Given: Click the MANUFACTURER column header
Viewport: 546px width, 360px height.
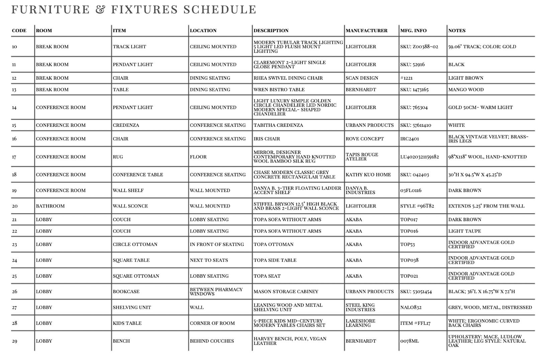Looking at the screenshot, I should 366,30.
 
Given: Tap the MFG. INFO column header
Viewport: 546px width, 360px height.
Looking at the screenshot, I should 413,30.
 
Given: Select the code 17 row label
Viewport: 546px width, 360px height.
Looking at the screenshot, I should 14,157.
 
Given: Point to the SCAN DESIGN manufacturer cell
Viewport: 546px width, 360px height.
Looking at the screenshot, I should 362,78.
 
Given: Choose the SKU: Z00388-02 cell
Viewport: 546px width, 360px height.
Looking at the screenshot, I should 419,47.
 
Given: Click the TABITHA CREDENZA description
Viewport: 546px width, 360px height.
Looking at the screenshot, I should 278,125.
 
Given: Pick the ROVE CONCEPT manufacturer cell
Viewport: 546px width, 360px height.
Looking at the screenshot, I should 365,139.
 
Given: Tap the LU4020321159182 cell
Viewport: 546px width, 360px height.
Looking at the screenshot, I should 420,157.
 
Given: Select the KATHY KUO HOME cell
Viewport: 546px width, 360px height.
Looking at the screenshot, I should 368,175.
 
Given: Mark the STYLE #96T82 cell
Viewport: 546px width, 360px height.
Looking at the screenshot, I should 417,206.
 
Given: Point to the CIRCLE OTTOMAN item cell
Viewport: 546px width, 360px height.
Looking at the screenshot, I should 135,245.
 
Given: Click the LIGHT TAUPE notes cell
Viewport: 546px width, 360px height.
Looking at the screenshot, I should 464,231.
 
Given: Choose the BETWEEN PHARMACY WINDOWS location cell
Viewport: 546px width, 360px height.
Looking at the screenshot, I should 216,292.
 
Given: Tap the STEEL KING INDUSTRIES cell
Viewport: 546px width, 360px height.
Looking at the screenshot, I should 360,307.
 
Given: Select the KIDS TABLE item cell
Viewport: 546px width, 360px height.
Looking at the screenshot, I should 127,323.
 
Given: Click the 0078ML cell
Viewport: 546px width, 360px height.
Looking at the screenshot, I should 409,341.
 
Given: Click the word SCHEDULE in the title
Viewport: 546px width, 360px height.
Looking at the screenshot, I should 220,9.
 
